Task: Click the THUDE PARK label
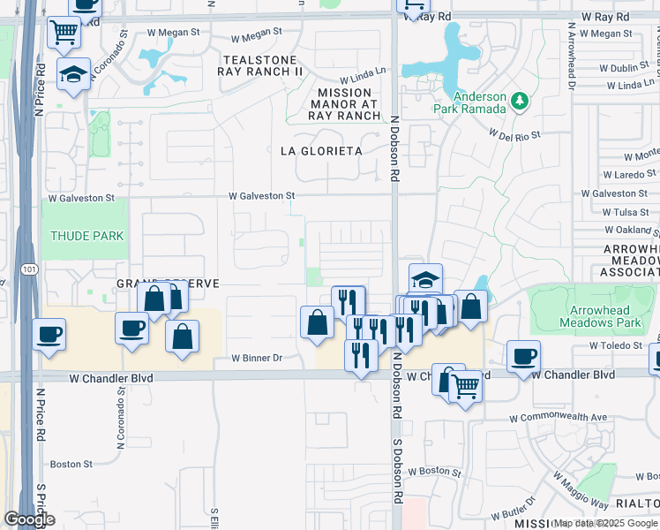[86, 236]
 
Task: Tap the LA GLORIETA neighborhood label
[322, 151]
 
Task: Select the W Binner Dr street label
[256, 358]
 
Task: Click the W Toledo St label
[618, 346]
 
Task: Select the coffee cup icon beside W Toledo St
[523, 356]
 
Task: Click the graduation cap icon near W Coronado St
[74, 72]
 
